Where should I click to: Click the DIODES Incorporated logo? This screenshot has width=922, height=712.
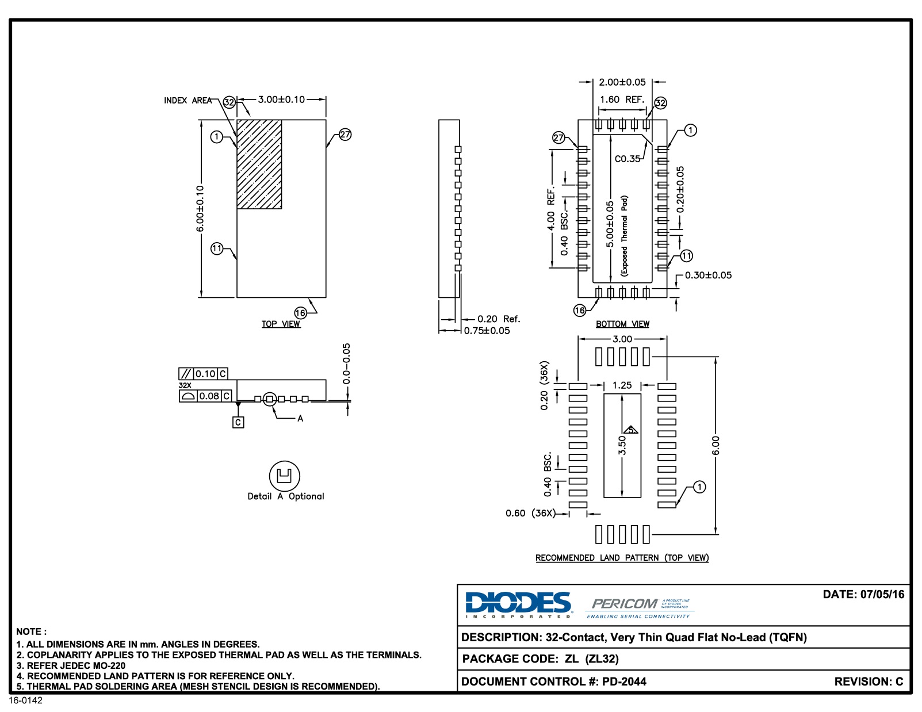[518, 604]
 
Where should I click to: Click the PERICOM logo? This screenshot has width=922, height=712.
[625, 604]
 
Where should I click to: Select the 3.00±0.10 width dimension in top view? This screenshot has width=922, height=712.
[281, 99]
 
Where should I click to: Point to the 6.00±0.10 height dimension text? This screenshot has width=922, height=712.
[200, 208]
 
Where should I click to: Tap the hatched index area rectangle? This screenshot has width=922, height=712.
[259, 164]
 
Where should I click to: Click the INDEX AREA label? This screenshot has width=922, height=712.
[188, 101]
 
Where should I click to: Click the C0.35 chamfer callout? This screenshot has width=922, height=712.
[627, 159]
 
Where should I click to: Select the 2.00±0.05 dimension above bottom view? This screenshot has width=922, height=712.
[622, 82]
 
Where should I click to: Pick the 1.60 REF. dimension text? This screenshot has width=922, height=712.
[622, 99]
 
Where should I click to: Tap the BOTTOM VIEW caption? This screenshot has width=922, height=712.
[622, 324]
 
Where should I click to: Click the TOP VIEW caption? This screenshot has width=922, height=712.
[281, 324]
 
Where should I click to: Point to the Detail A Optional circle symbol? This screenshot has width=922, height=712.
[284, 476]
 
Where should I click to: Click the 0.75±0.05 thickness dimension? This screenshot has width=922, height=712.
[487, 331]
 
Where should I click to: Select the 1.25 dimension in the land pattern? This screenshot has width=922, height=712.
[622, 385]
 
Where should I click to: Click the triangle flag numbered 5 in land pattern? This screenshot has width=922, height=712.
[631, 430]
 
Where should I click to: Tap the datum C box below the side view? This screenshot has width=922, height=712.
[238, 422]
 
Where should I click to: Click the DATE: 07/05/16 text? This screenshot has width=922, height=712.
[863, 595]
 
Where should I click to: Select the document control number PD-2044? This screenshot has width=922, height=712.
[624, 682]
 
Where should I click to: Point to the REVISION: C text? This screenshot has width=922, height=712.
[869, 682]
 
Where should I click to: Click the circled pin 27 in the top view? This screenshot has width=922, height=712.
[345, 135]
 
